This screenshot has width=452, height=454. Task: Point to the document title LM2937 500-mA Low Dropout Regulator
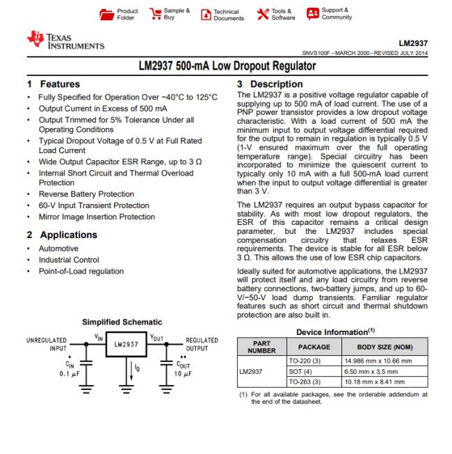pos(225,66)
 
